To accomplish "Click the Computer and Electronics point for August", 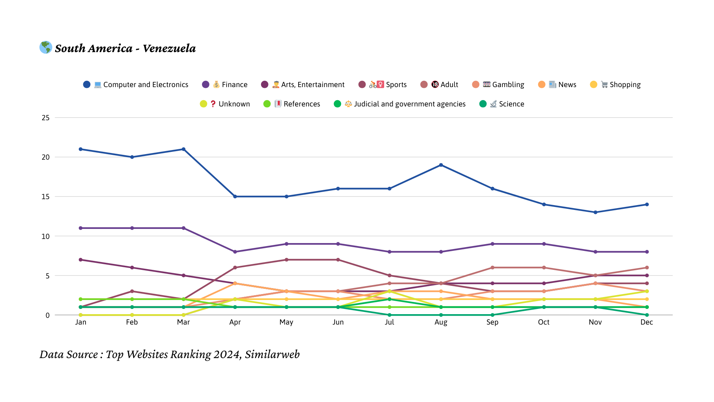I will pyautogui.click(x=441, y=165).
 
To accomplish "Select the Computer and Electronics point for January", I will pyautogui.click(x=81, y=149).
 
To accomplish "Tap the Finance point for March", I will pyautogui.click(x=184, y=228).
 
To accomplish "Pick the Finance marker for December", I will pyautogui.click(x=647, y=252).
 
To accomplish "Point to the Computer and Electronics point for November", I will pyautogui.click(x=595, y=213).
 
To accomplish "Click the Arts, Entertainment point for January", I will pyautogui.click(x=81, y=260).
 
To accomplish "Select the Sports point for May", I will pyautogui.click(x=286, y=260).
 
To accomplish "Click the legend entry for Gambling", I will pyautogui.click(x=498, y=84).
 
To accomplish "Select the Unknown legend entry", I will pyautogui.click(x=225, y=104).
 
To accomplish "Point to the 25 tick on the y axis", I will pyautogui.click(x=46, y=118).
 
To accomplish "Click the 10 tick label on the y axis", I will pyautogui.click(x=46, y=236).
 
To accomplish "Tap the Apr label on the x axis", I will pyautogui.click(x=235, y=322).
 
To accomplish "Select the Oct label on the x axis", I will pyautogui.click(x=544, y=322).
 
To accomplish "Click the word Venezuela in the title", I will pyautogui.click(x=169, y=48).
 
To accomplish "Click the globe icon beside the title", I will pyautogui.click(x=46, y=47).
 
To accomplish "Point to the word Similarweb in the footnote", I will pyautogui.click(x=272, y=354).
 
